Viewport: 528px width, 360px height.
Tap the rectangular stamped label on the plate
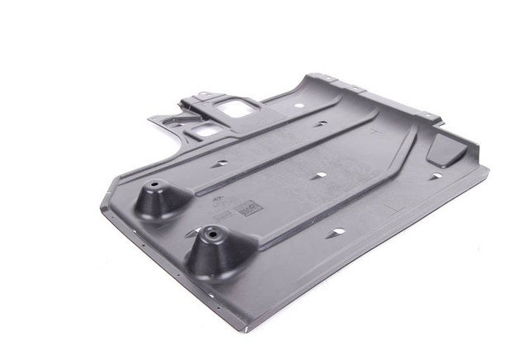pyautogui.click(x=250, y=209)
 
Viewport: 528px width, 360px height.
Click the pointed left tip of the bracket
pyautogui.click(x=149, y=118)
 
